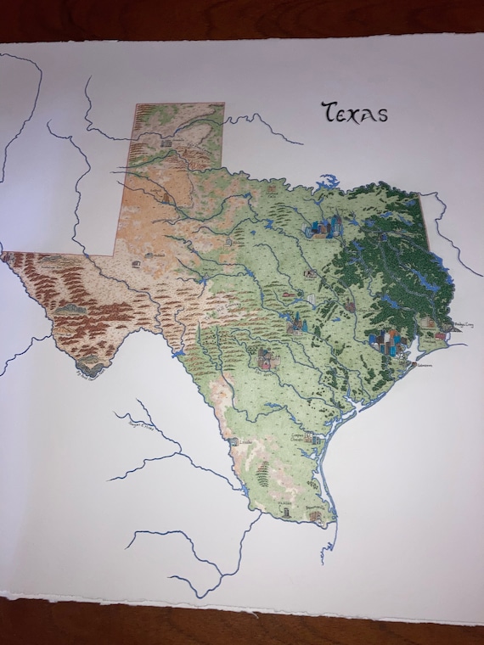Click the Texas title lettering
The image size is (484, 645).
pyautogui.click(x=353, y=112)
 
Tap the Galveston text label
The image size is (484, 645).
pyautogui.click(x=420, y=366)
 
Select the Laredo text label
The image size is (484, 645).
pyautogui.click(x=245, y=442)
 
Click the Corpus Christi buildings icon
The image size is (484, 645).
pyautogui.click(x=315, y=439)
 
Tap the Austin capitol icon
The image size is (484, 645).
pyautogui.click(x=297, y=322)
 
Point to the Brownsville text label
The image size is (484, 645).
pyautogui.click(x=315, y=511)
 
